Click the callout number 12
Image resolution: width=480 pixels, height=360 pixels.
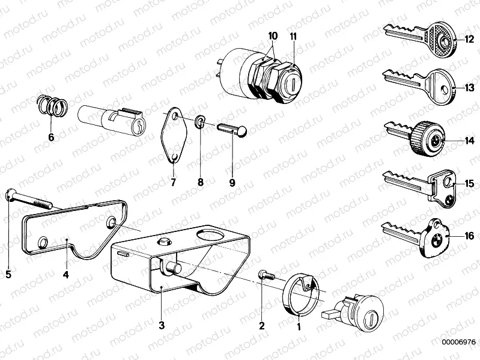pyautogui.click(x=469, y=41)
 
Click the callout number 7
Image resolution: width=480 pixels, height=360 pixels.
pyautogui.click(x=173, y=182)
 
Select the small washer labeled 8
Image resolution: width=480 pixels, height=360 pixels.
pyautogui.click(x=199, y=124)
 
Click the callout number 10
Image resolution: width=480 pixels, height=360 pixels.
pyautogui.click(x=273, y=36)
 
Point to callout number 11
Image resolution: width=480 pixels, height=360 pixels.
pyautogui.click(x=293, y=36)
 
